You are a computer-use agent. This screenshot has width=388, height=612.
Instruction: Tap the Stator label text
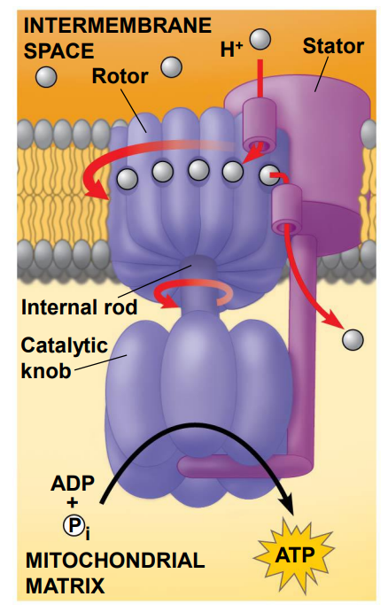pyautogui.click(x=333, y=46)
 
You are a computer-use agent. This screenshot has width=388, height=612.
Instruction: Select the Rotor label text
pyautogui.click(x=120, y=75)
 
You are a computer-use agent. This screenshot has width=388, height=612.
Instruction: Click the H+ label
pyautogui.click(x=231, y=50)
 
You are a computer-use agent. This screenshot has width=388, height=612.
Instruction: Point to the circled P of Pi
pyautogui.click(x=74, y=526)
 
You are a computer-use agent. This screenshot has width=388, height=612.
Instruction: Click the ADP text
pyautogui.click(x=73, y=484)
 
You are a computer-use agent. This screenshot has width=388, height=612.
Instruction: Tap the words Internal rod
pyautogui.click(x=79, y=307)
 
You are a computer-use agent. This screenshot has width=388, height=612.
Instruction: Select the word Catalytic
pyautogui.click(x=65, y=345)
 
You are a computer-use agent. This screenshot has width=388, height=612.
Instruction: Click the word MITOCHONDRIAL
pyautogui.click(x=115, y=561)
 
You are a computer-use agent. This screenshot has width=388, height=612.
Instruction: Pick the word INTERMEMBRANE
pyautogui.click(x=118, y=26)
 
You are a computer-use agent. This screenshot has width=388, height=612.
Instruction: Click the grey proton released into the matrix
pyautogui.click(x=353, y=339)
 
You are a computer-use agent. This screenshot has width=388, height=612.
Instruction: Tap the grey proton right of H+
pyautogui.click(x=260, y=39)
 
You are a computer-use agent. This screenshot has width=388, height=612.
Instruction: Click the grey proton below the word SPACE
pyautogui.click(x=46, y=76)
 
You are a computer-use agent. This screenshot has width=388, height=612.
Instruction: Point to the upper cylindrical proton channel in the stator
pyautogui.click(x=260, y=125)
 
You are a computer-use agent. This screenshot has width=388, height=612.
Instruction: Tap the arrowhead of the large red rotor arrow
pyautogui.click(x=97, y=190)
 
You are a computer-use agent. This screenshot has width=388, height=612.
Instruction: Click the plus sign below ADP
pyautogui.click(x=73, y=503)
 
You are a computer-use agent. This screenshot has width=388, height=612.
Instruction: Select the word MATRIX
pyautogui.click(x=66, y=585)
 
